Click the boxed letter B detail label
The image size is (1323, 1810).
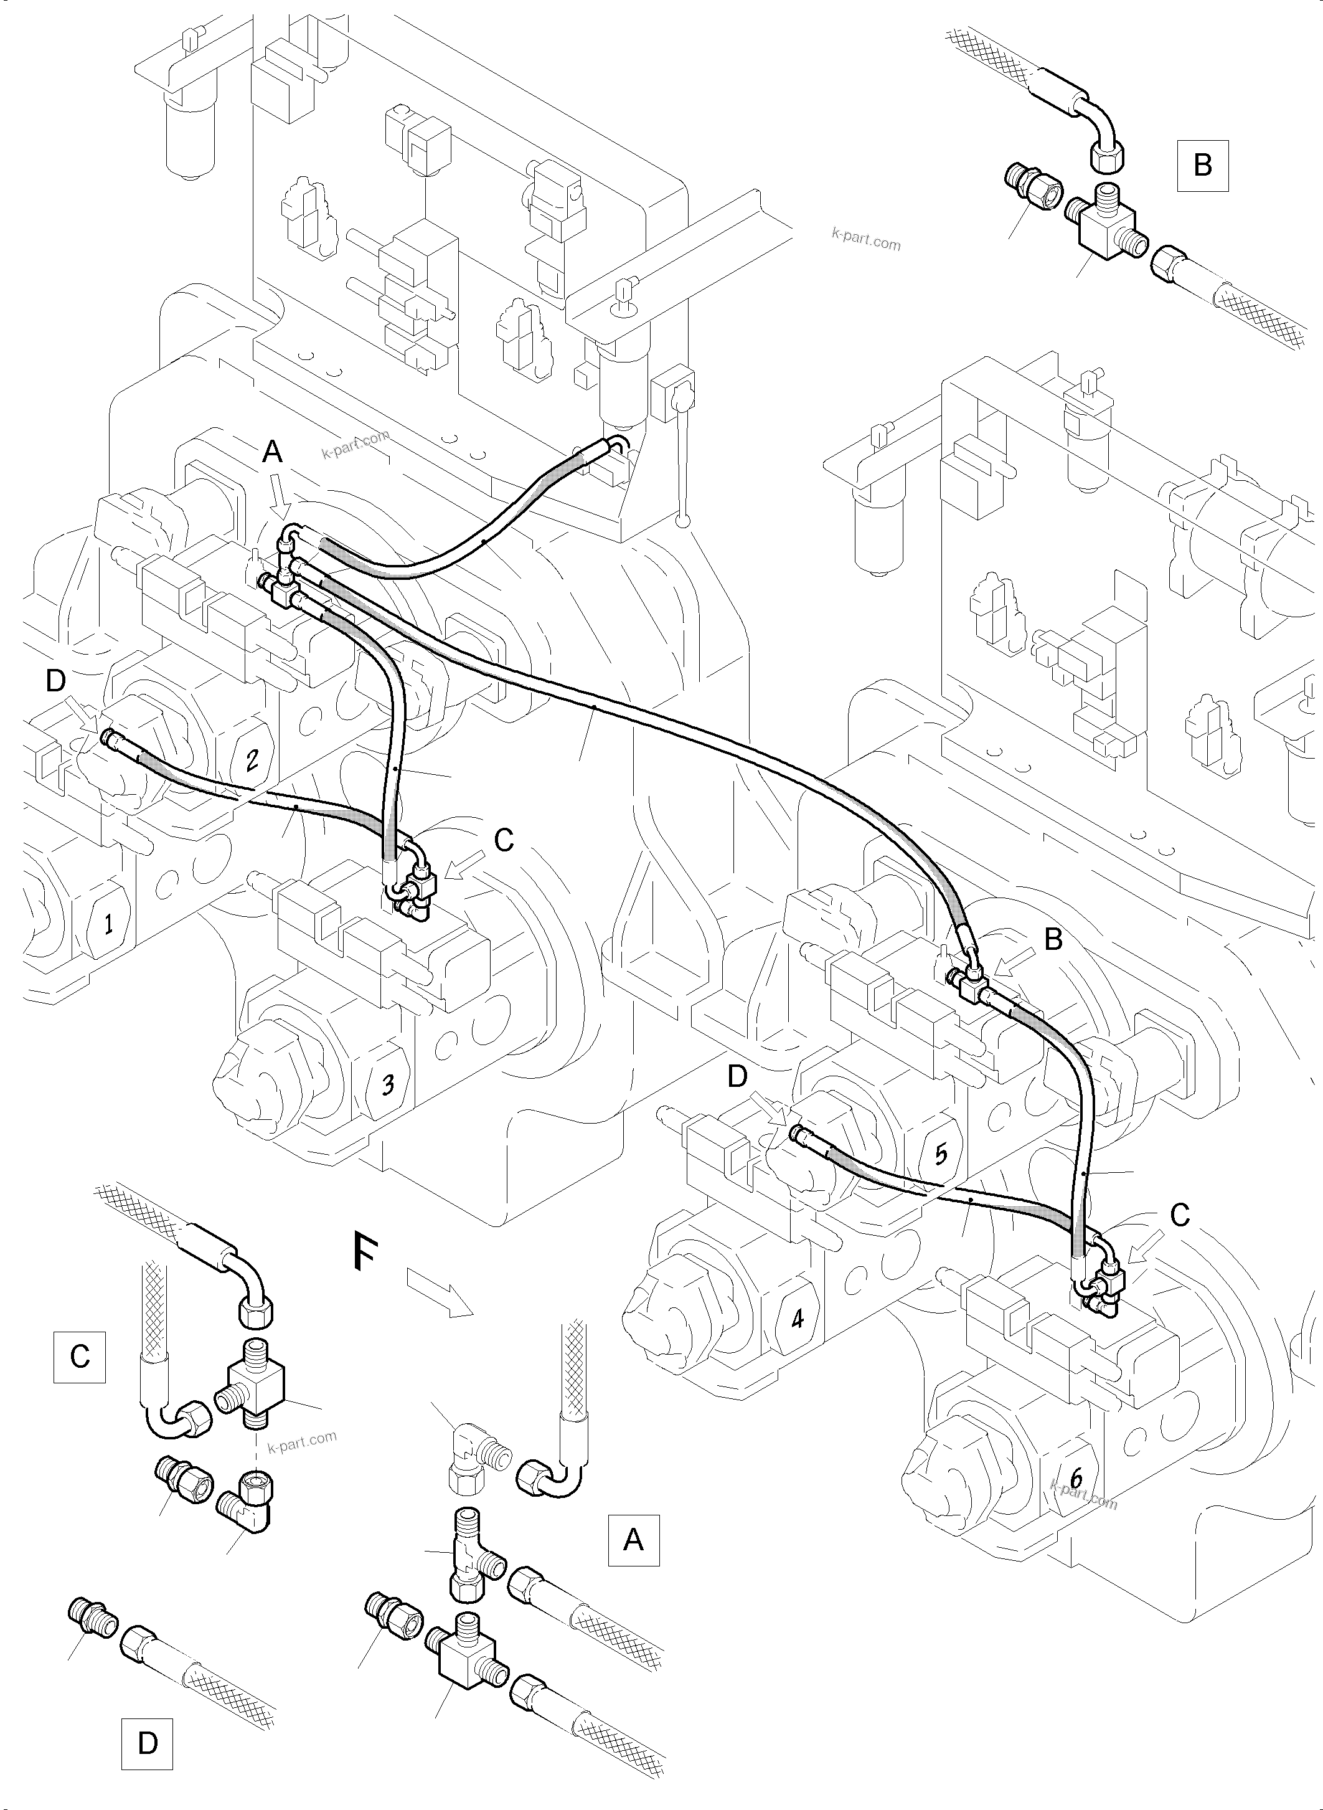[1202, 165]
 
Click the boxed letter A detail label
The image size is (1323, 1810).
[633, 1540]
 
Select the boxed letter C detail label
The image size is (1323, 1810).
[79, 1357]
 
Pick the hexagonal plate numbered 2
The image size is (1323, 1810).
[252, 759]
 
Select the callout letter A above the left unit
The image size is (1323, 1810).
[272, 453]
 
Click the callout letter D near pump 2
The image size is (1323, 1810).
[55, 680]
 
